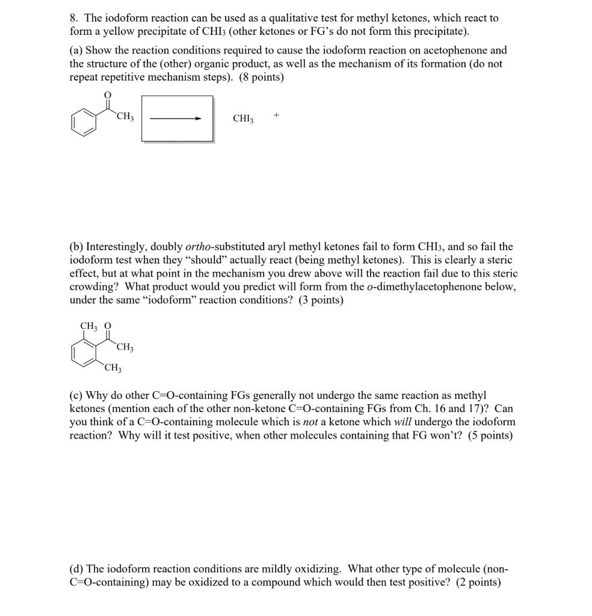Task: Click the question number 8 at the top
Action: click(x=73, y=19)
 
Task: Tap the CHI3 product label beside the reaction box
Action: click(x=243, y=119)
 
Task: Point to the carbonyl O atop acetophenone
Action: click(x=108, y=94)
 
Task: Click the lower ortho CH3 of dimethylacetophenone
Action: click(x=113, y=368)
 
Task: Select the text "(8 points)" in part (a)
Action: click(x=262, y=78)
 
